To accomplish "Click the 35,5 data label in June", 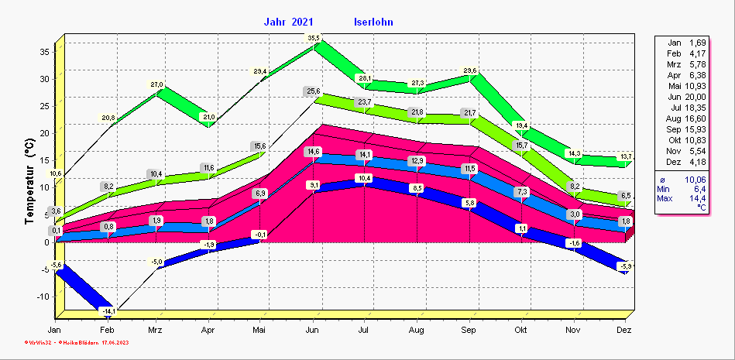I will point(314,38).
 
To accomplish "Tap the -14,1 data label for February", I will point(108,311).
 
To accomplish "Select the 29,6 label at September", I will point(469,71).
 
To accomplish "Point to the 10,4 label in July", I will point(364,179).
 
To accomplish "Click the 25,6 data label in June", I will point(314,92).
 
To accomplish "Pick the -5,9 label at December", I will point(625,266).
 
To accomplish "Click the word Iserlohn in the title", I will point(373,22).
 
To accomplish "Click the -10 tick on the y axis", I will point(43,297).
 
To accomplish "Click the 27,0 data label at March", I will point(157,85).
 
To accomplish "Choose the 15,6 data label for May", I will point(260,146).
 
